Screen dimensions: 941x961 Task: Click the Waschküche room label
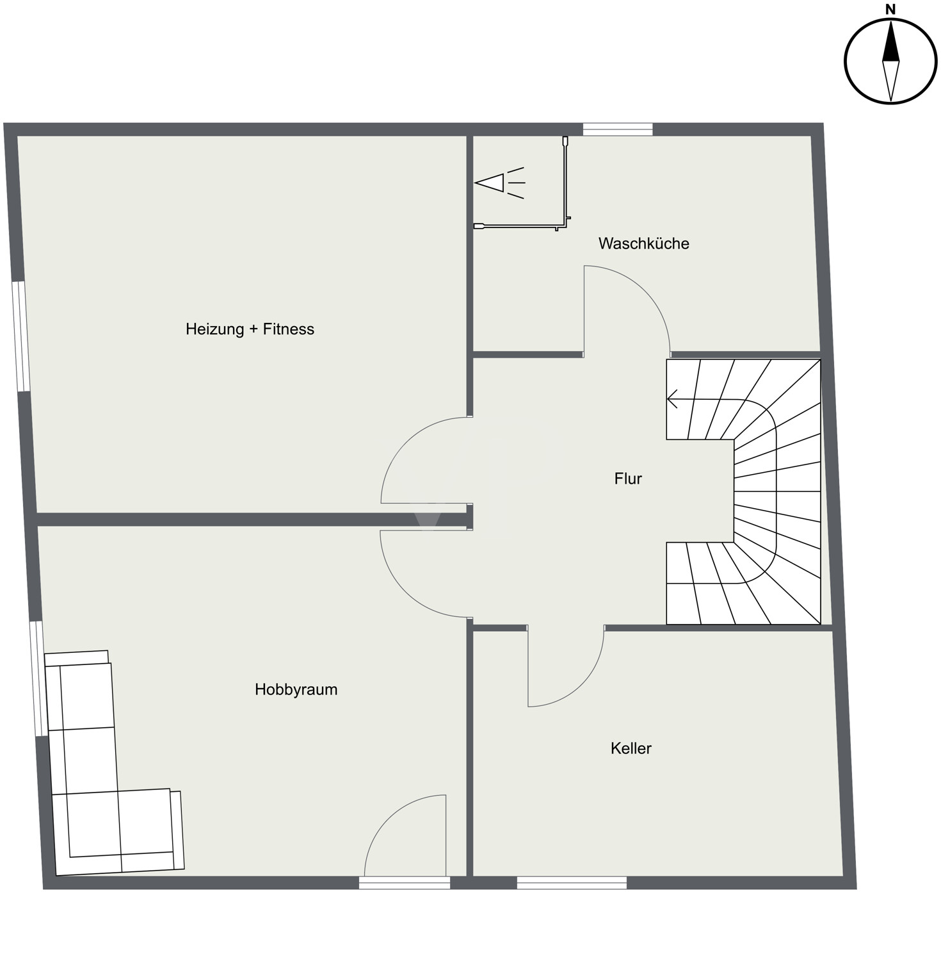[643, 243]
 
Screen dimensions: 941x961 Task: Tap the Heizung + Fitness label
[250, 329]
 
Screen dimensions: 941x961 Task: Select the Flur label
[628, 479]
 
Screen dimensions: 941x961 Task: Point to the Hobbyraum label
[296, 689]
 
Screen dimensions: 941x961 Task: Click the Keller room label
[631, 748]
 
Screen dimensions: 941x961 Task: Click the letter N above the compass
[890, 9]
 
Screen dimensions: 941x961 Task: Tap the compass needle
[890, 61]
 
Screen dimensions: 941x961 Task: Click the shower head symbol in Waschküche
[499, 183]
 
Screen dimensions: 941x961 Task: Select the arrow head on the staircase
[672, 399]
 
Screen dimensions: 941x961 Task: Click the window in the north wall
[618, 129]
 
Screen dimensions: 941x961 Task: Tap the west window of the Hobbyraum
[38, 678]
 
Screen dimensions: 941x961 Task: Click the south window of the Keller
[572, 883]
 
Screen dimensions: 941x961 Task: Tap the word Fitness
[289, 329]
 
